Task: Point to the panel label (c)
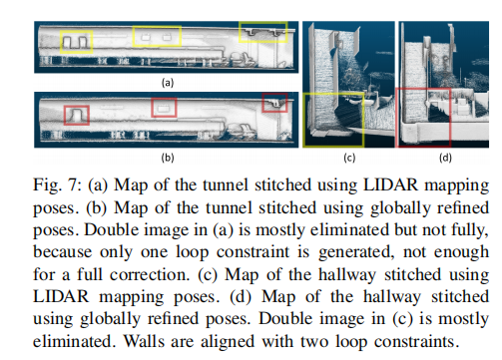pos(349,157)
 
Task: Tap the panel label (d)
pos(444,157)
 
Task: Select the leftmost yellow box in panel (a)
pos(77,41)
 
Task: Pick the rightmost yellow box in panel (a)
pos(262,33)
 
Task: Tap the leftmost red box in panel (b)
pos(75,116)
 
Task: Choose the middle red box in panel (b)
pos(163,106)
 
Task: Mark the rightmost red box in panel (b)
pos(272,103)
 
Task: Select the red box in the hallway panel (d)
pos(423,117)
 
